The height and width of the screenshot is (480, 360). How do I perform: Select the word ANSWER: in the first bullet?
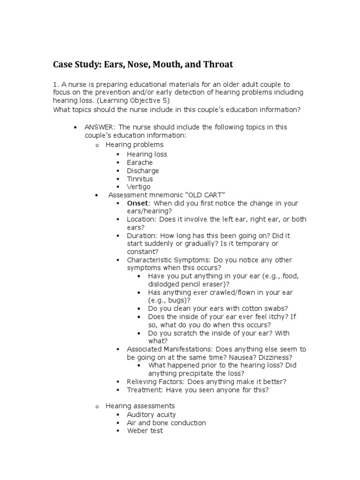(100, 127)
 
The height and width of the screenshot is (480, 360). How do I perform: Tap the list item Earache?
(140, 162)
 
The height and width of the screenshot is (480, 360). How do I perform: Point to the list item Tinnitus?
(140, 179)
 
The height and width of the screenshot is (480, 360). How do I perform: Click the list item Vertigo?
(139, 187)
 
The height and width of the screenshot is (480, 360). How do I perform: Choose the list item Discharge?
(142, 171)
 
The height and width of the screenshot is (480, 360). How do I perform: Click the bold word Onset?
(137, 203)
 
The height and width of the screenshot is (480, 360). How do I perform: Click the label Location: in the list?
(141, 219)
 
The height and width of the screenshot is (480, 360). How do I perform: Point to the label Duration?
(142, 235)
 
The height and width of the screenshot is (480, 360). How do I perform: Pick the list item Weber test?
(145, 431)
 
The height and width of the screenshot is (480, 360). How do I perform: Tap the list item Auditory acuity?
(151, 414)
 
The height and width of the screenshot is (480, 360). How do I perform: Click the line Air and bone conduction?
(166, 423)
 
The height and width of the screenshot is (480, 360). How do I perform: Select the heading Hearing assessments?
(140, 405)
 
